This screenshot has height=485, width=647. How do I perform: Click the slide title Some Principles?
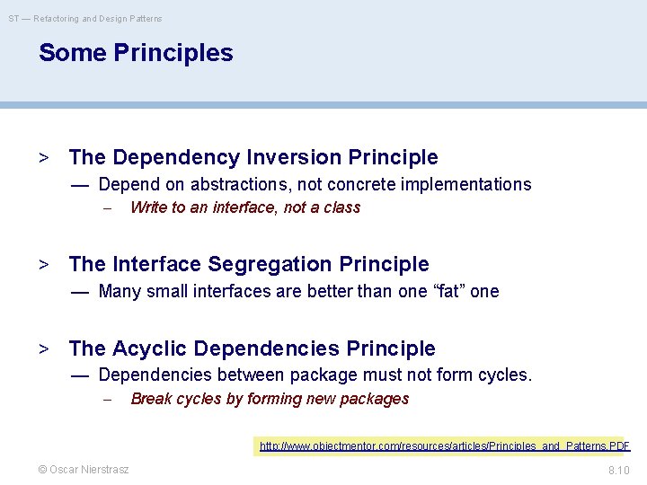pos(136,53)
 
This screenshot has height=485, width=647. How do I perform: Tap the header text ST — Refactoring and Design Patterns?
pos(86,18)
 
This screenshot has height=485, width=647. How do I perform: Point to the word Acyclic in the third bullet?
pos(150,348)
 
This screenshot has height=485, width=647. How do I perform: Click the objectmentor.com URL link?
pos(445,445)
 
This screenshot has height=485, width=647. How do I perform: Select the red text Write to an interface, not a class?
pos(245,207)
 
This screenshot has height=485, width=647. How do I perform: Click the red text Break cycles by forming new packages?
pos(270,399)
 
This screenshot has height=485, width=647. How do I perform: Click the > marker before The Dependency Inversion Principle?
pos(43,158)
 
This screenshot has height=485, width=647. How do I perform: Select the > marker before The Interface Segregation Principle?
pos(43,264)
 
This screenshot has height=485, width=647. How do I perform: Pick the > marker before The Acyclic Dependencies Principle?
pos(43,348)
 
